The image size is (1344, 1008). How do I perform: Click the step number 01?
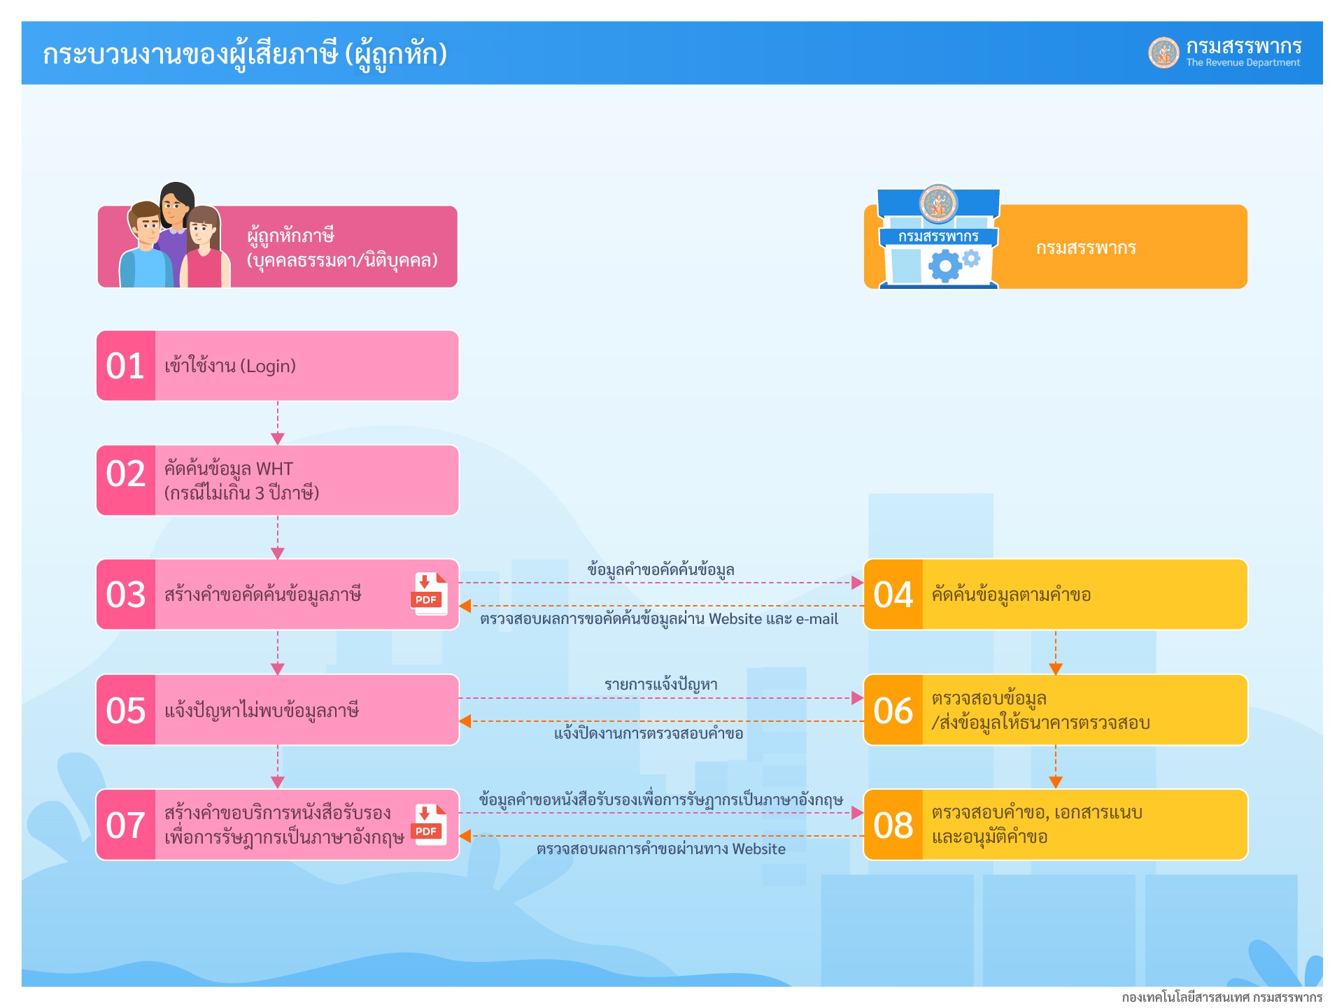[125, 366]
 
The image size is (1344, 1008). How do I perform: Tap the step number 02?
[125, 474]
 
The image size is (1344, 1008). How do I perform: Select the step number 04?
[893, 595]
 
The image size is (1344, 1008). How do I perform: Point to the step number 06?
[893, 710]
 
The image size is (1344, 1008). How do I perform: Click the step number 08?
[893, 825]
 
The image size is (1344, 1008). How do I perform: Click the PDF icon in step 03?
[429, 594]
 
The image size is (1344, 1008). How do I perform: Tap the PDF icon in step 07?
[429, 825]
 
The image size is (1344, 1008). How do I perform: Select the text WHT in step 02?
[275, 469]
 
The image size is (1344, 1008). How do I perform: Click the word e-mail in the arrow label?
[817, 619]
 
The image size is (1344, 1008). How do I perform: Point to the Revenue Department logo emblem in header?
[1164, 52]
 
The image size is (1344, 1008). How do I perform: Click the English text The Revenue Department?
[1243, 63]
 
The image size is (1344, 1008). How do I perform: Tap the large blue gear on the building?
[945, 266]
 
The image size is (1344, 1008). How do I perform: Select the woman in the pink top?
[204, 248]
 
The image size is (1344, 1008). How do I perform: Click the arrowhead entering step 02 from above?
[278, 439]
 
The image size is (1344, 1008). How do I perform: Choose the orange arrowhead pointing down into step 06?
[1056, 669]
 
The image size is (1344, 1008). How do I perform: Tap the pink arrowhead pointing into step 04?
[858, 583]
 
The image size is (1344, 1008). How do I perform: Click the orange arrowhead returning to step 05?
[465, 721]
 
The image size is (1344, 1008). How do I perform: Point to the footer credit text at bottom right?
[1222, 997]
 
